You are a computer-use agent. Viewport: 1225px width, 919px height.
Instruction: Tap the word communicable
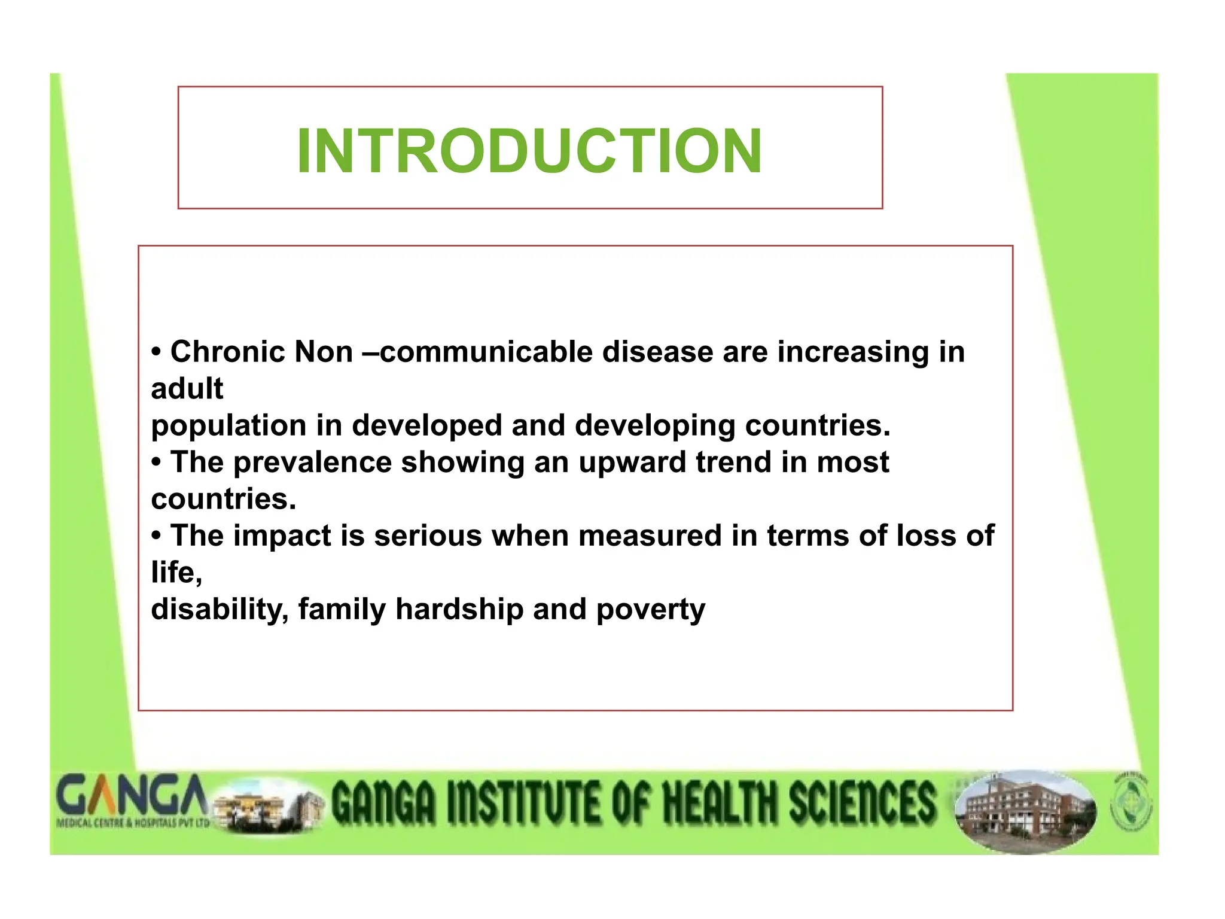tap(486, 352)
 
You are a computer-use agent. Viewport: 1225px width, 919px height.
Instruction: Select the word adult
tap(187, 389)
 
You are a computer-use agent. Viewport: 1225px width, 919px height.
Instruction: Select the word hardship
tap(459, 609)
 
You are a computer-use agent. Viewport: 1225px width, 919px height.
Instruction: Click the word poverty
tap(650, 609)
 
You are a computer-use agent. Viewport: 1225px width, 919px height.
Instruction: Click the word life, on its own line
tap(176, 573)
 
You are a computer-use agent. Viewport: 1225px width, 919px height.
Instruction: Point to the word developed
tap(426, 425)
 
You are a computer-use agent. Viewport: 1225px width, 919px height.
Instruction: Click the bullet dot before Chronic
tap(156, 352)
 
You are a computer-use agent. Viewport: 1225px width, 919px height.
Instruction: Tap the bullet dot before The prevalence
tap(156, 462)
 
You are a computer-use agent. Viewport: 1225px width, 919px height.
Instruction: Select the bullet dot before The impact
tap(156, 535)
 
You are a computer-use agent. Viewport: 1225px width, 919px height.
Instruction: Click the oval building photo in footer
tap(1025, 811)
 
